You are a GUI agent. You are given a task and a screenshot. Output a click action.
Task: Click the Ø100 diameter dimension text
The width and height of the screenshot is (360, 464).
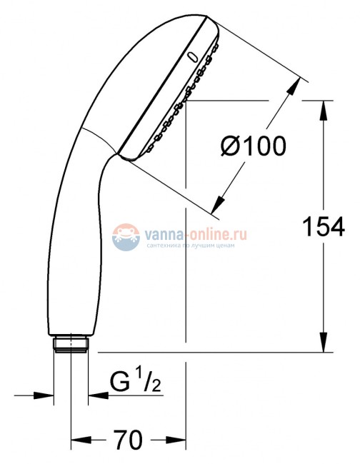(253, 147)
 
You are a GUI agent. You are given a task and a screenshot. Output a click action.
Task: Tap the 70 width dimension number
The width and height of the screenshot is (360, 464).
(129, 438)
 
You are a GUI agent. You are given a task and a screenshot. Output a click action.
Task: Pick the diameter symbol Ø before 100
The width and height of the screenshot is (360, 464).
(231, 147)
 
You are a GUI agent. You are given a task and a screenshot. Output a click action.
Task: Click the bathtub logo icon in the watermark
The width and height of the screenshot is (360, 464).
(126, 236)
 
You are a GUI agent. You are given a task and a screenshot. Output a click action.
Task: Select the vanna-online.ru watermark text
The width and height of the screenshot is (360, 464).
(186, 232)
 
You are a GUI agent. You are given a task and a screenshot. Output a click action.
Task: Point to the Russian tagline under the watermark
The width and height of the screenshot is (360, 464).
(186, 244)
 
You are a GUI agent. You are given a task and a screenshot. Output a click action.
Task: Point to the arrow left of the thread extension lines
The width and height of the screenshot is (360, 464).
(46, 394)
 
